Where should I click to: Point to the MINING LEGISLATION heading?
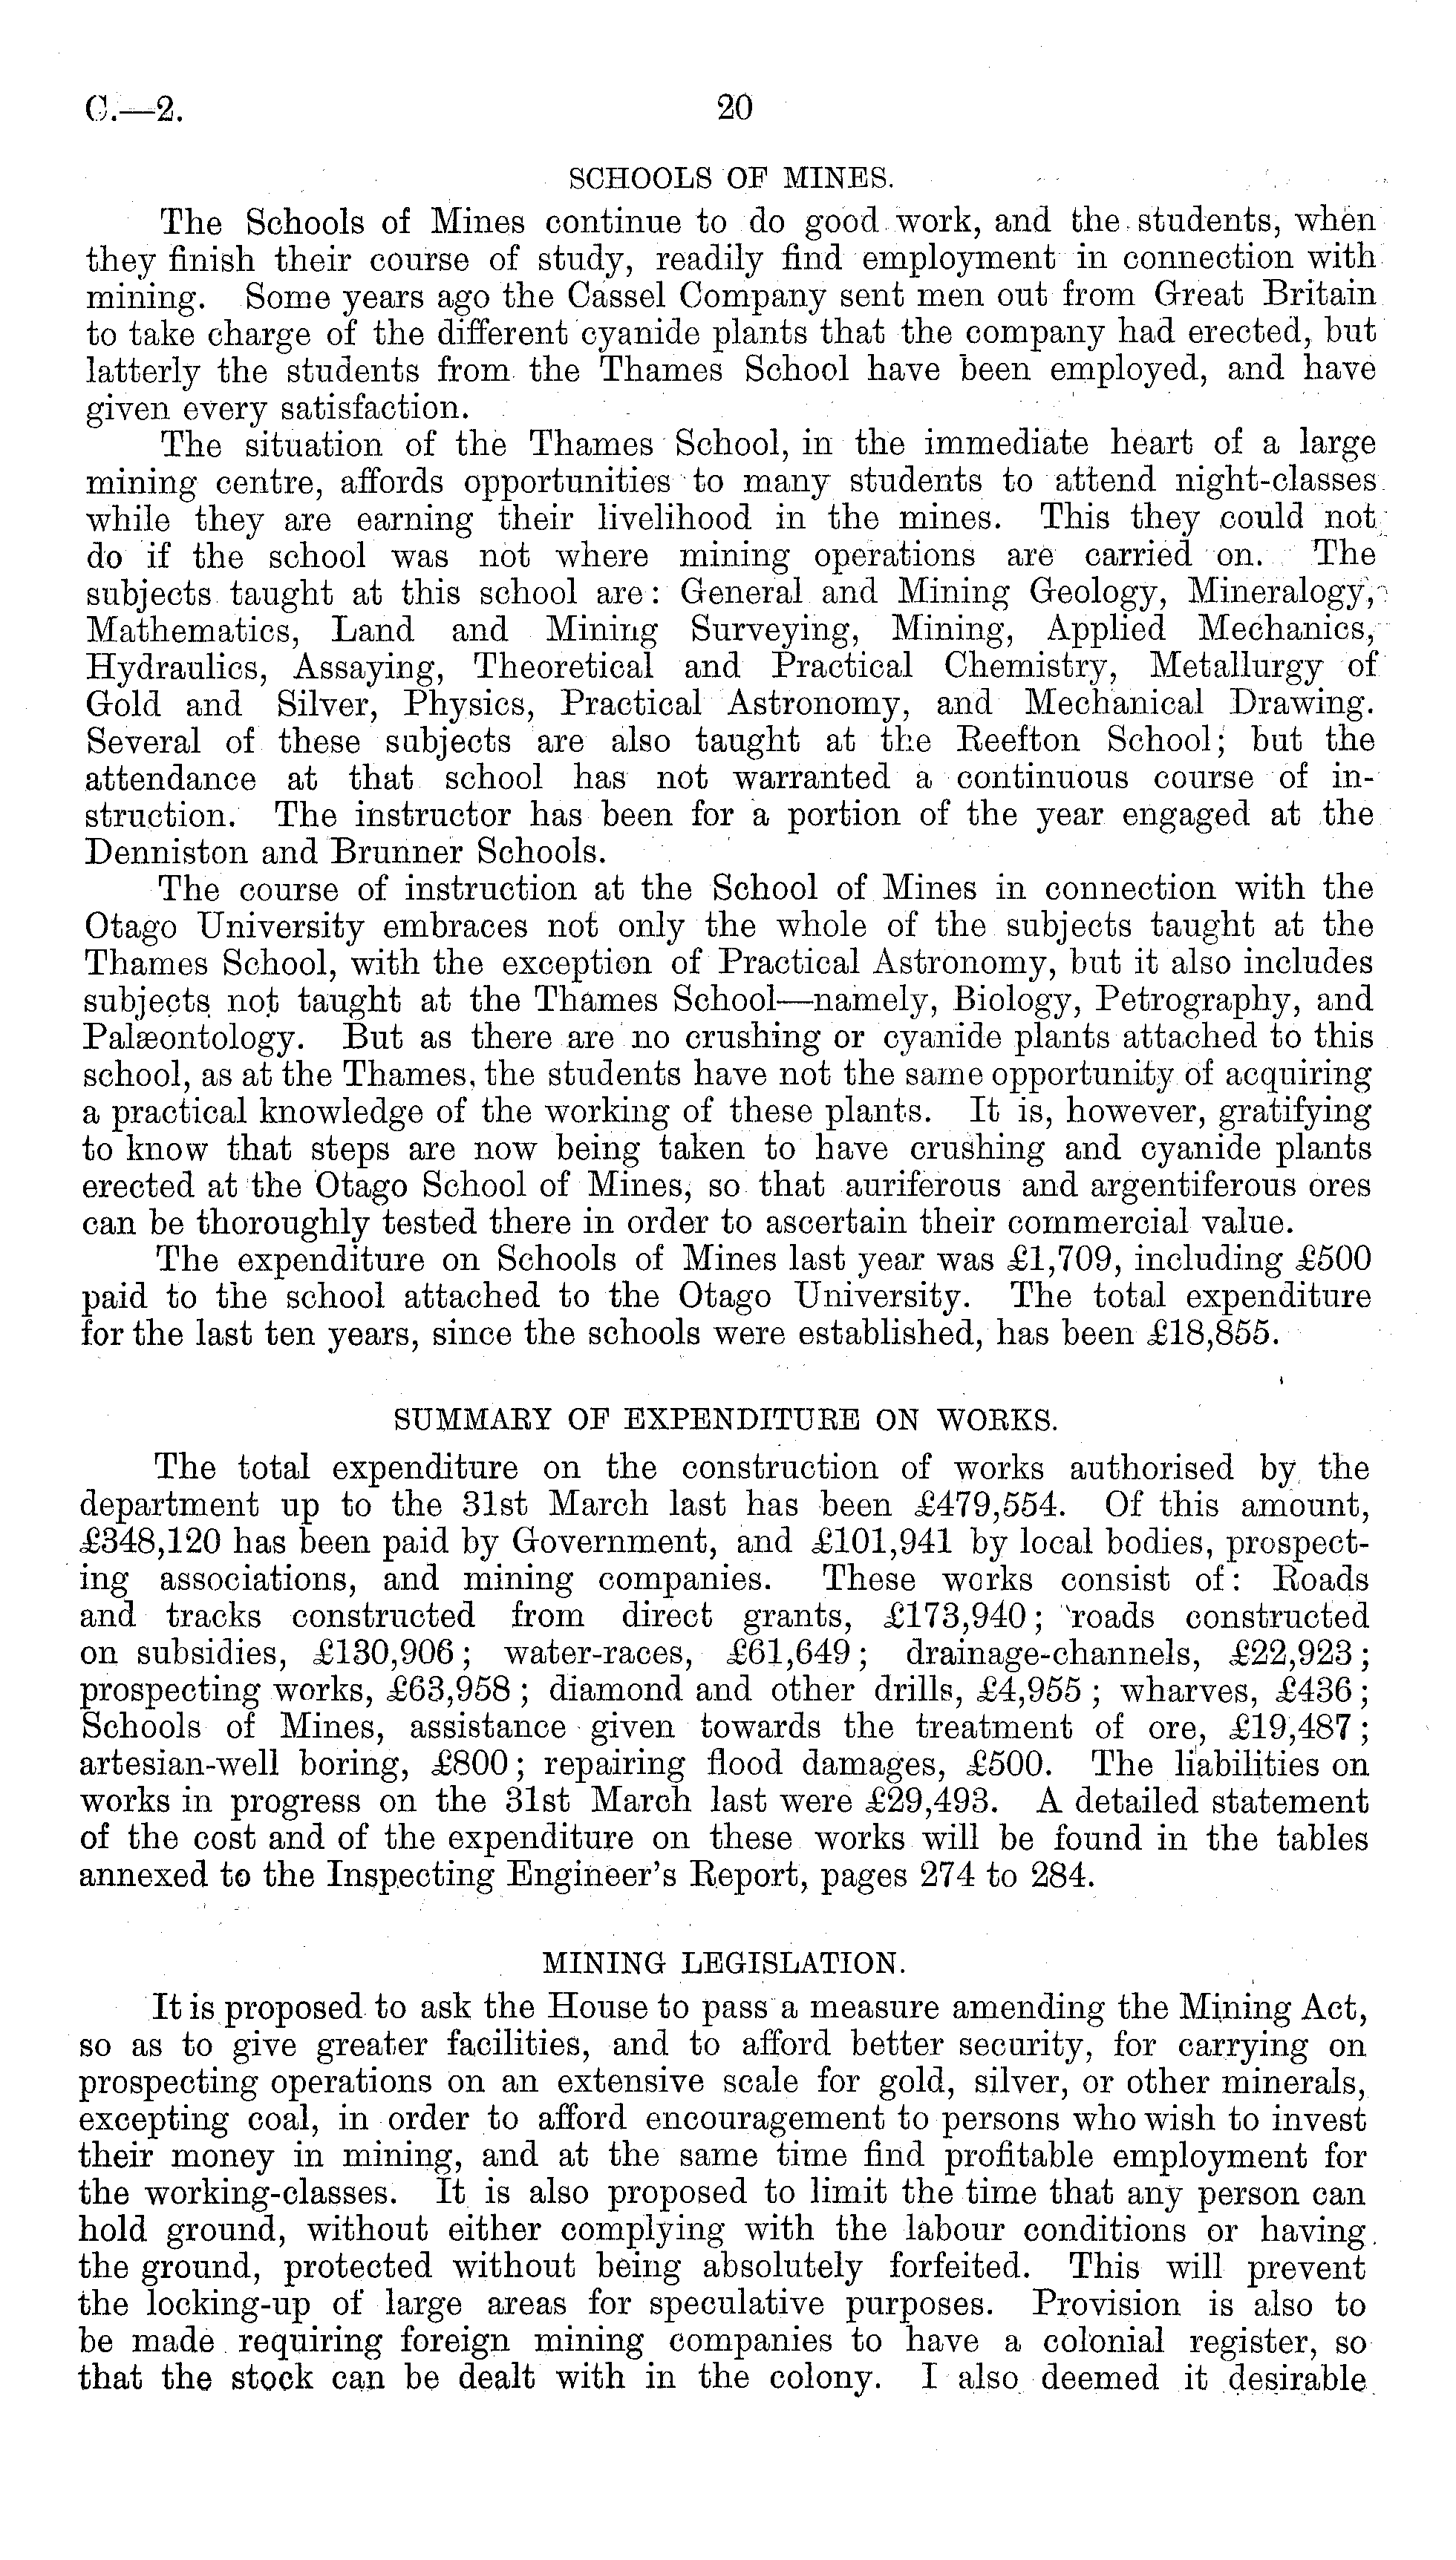tap(724, 1964)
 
